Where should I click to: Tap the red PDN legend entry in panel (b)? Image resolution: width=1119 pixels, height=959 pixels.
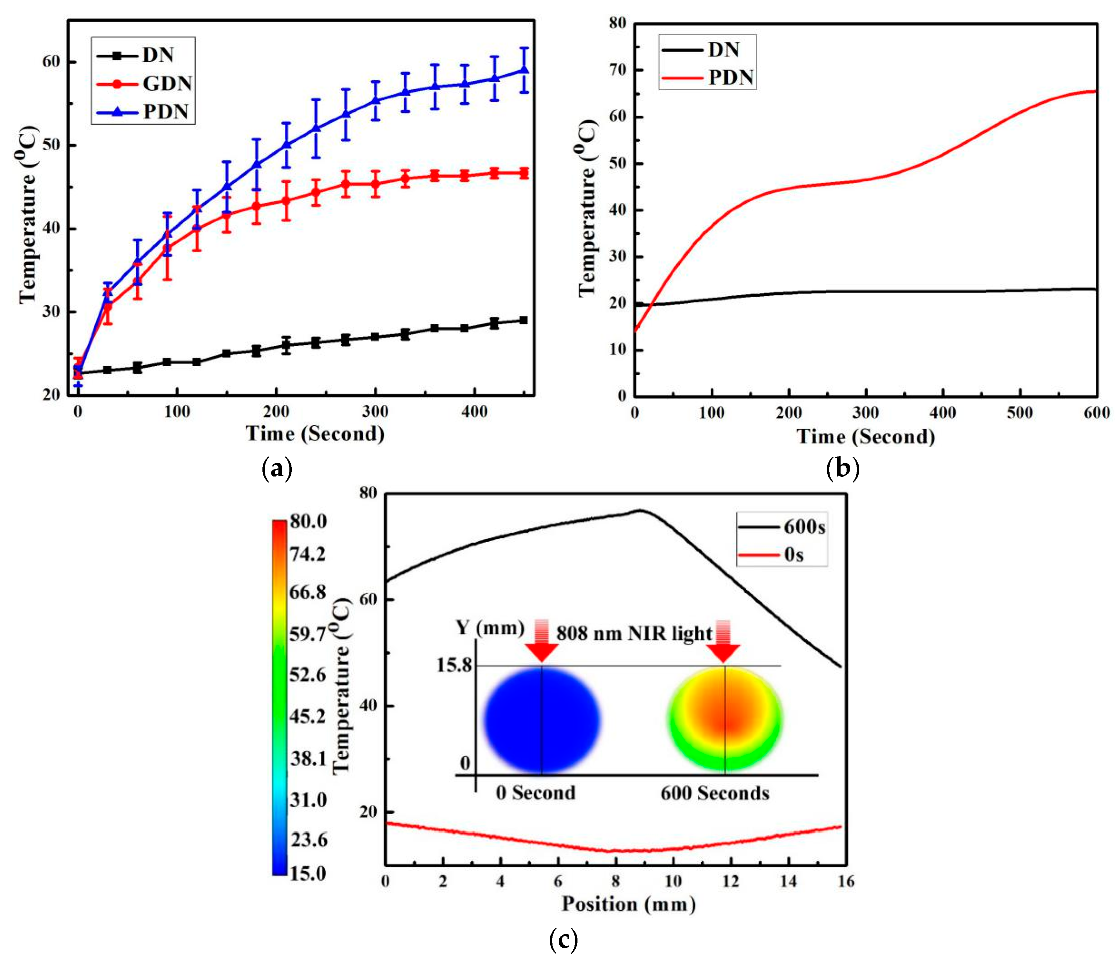point(707,77)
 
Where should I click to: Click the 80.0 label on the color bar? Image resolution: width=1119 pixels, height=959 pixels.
point(308,521)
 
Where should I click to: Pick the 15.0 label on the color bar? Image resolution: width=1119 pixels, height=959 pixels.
point(308,874)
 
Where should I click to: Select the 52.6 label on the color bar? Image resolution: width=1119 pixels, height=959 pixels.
point(307,675)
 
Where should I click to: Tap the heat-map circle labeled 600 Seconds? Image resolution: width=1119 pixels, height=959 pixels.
point(725,718)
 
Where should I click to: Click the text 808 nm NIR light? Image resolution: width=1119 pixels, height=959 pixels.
point(634,633)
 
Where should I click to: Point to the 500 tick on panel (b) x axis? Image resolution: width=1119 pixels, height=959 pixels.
point(1020,413)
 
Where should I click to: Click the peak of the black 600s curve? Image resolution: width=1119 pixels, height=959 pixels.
point(640,510)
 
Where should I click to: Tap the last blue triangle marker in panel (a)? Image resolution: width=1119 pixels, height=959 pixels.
point(523,70)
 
